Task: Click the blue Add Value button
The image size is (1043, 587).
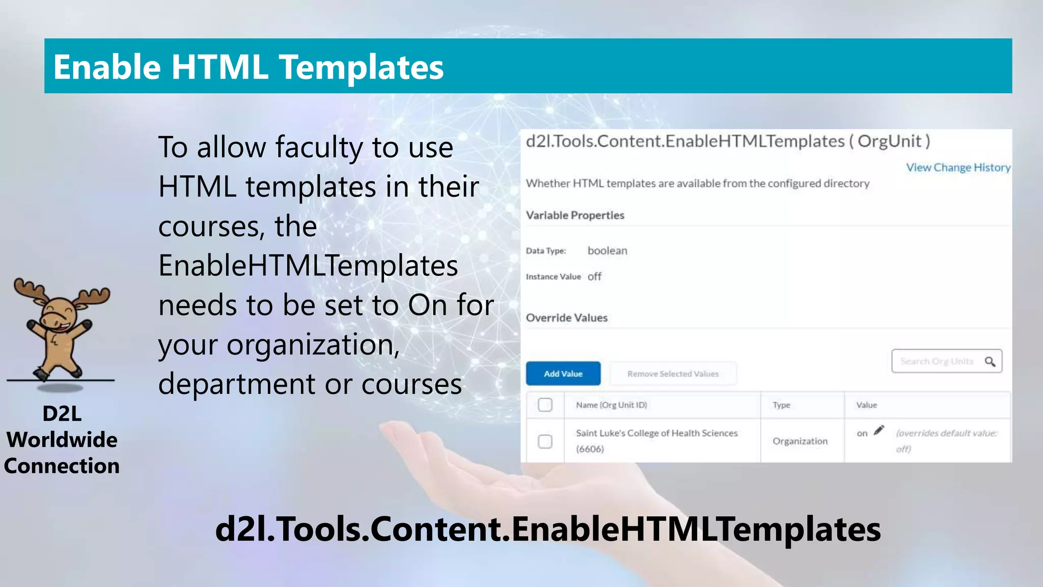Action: coord(563,373)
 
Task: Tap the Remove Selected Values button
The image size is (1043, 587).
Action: coord(673,373)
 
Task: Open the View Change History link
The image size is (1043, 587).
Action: coord(958,167)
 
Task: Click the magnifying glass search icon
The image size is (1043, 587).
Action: coord(990,361)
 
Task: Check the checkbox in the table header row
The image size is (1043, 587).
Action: coord(545,405)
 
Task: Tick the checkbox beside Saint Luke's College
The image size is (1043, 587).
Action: coord(545,441)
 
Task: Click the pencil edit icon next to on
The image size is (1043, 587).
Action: coord(879,431)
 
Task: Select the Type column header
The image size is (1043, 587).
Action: coord(781,405)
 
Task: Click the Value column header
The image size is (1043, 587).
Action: coord(866,405)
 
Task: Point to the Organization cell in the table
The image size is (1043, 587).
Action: coord(800,441)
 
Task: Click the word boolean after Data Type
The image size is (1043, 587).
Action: coord(607,251)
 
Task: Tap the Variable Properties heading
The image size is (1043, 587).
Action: coord(575,215)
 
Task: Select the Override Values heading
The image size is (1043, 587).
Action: coord(566,318)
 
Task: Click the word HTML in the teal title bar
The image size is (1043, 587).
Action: coord(219,67)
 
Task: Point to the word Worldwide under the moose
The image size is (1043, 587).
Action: coord(62,440)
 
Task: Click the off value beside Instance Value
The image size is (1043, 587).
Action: coord(594,277)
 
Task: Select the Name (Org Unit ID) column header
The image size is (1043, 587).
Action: coord(611,405)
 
